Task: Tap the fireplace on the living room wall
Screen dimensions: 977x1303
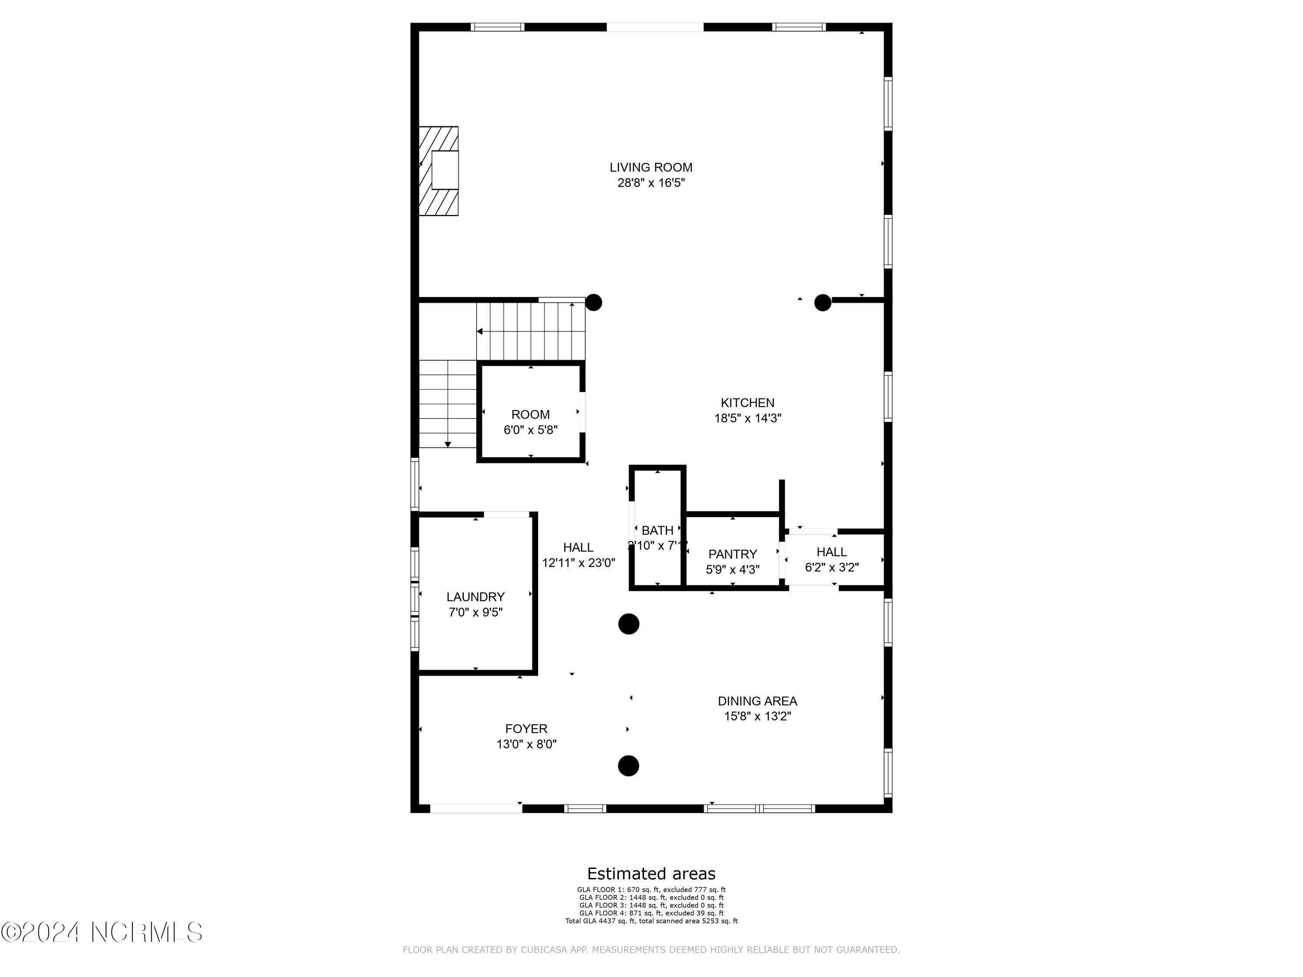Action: coord(439,171)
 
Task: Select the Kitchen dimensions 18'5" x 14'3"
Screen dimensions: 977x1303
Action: coord(747,419)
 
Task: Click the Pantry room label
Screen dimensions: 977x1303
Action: coord(732,554)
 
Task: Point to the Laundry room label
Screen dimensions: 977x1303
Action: coord(475,597)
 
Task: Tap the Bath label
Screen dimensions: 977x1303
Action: coord(658,531)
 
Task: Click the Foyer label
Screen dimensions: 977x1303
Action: coord(526,729)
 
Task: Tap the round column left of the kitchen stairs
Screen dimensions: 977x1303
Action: coord(593,303)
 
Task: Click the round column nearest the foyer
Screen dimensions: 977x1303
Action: coord(628,766)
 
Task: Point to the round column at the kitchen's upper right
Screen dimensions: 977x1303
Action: coord(822,303)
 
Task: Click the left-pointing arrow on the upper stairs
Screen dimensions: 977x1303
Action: coord(480,332)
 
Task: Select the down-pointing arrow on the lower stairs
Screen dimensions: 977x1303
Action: coord(448,444)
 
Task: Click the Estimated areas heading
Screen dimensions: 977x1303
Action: coord(651,873)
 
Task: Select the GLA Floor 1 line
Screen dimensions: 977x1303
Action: coord(651,890)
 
